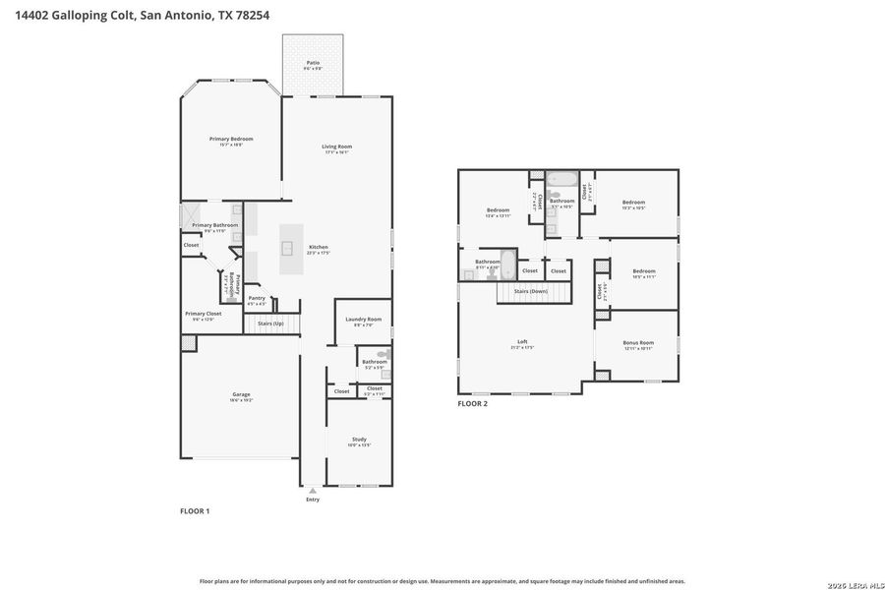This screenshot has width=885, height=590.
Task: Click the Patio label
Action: pyautogui.click(x=313, y=63)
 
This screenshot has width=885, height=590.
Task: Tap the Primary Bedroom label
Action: pyautogui.click(x=231, y=139)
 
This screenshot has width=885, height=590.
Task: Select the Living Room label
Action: pyautogui.click(x=337, y=147)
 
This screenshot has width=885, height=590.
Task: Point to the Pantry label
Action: pyautogui.click(x=256, y=298)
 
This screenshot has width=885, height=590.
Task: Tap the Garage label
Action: pyautogui.click(x=241, y=394)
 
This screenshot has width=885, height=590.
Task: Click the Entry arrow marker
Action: pyautogui.click(x=313, y=489)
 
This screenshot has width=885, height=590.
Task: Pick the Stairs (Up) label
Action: pyautogui.click(x=270, y=323)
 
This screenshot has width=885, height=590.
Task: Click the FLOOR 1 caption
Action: pyautogui.click(x=195, y=511)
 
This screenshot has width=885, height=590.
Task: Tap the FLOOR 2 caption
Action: pyautogui.click(x=473, y=403)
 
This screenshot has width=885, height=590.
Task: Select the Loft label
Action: pyautogui.click(x=522, y=342)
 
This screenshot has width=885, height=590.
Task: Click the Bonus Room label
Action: pyautogui.click(x=638, y=342)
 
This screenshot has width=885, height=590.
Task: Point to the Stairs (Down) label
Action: pyautogui.click(x=531, y=291)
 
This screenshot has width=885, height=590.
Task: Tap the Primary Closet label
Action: pyautogui.click(x=204, y=314)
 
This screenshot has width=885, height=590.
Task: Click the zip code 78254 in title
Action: pyautogui.click(x=249, y=15)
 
